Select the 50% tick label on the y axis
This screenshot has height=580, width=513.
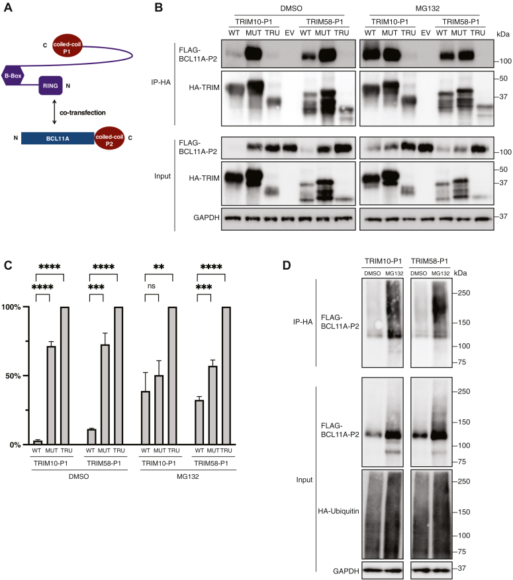click(x=18, y=376)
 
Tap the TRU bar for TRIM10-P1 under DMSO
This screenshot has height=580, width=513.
click(x=64, y=376)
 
